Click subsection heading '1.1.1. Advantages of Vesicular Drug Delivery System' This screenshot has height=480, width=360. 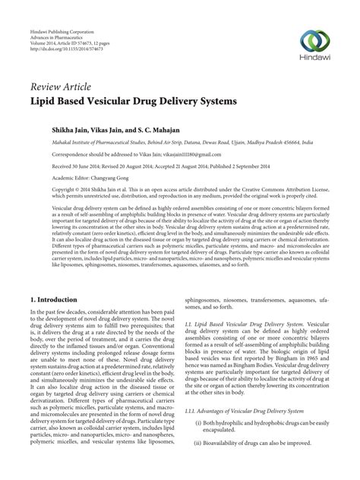tap(248, 431)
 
